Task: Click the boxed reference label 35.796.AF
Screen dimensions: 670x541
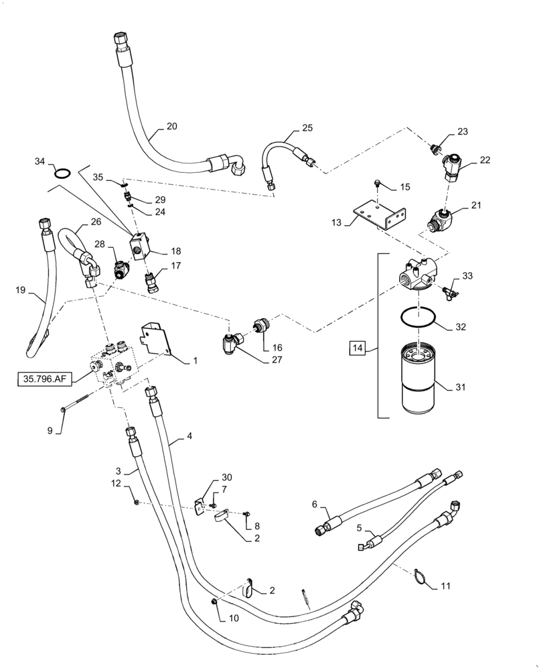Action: (44, 379)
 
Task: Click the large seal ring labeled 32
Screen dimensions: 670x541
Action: (419, 318)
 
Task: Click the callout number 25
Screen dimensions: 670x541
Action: (307, 127)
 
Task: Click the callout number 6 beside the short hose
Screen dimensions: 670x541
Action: (315, 504)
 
